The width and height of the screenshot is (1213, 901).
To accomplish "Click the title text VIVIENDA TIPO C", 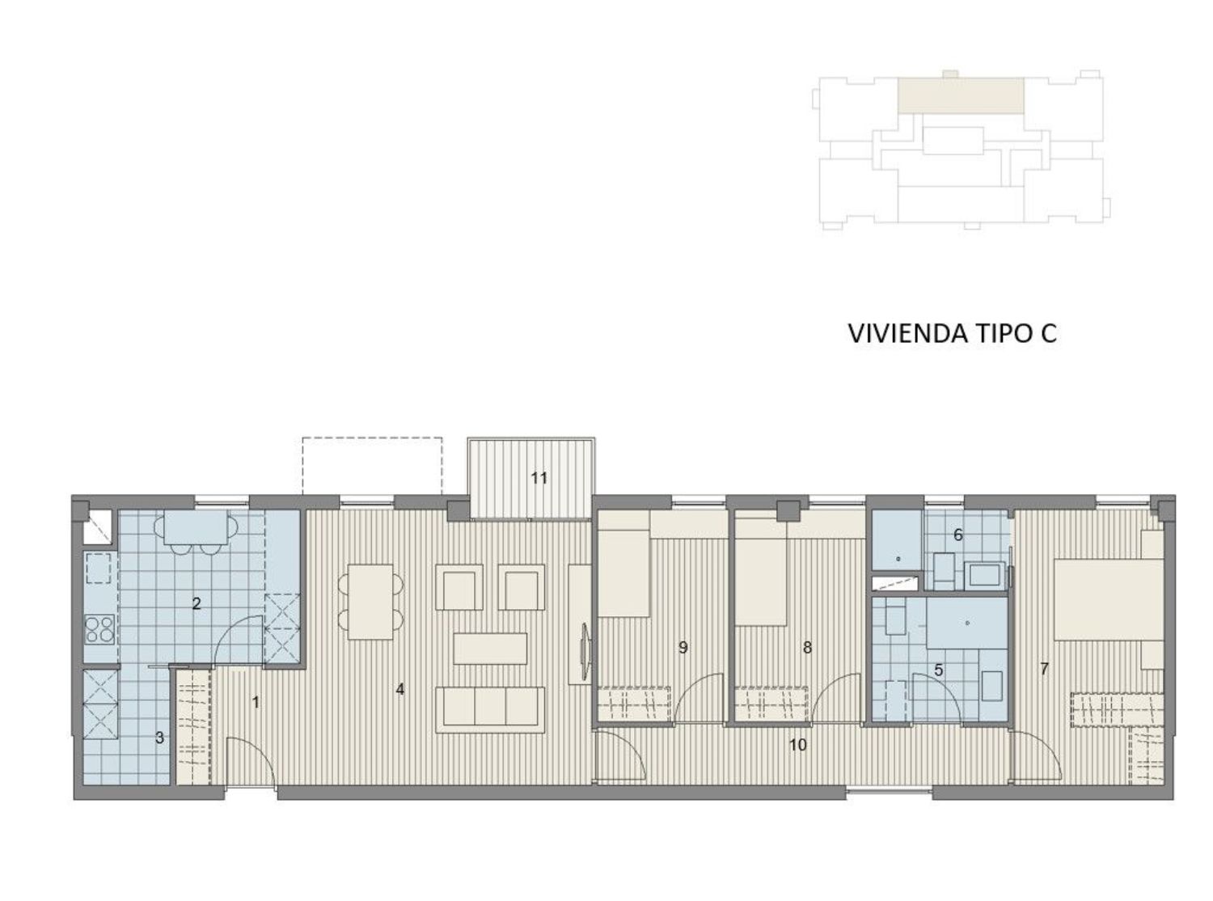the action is tap(952, 333).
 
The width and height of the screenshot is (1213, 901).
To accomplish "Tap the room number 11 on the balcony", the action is tap(539, 478).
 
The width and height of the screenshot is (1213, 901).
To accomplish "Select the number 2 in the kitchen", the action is tap(197, 603).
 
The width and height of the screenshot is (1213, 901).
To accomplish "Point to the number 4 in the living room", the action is tap(399, 689).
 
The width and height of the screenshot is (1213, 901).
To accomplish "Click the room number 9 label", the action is tap(683, 647).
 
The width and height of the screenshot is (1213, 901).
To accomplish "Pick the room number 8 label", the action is tap(807, 647).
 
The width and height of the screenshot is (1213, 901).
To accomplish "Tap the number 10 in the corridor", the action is tap(798, 745).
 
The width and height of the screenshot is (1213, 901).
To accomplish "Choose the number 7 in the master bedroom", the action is tap(1044, 669).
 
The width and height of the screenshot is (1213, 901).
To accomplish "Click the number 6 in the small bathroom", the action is tap(957, 535).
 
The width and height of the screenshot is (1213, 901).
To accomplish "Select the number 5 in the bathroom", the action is tap(939, 670).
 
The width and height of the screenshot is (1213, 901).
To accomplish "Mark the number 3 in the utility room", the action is tap(159, 738).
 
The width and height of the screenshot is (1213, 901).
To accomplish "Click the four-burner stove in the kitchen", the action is tap(99, 628).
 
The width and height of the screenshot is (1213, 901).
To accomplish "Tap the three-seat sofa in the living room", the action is tap(489, 709).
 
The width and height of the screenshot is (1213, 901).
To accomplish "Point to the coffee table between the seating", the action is tap(490, 649).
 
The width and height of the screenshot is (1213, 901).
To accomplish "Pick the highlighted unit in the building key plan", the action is tap(961, 95).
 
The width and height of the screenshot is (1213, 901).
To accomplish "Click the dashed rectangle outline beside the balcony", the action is tap(372, 466).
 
